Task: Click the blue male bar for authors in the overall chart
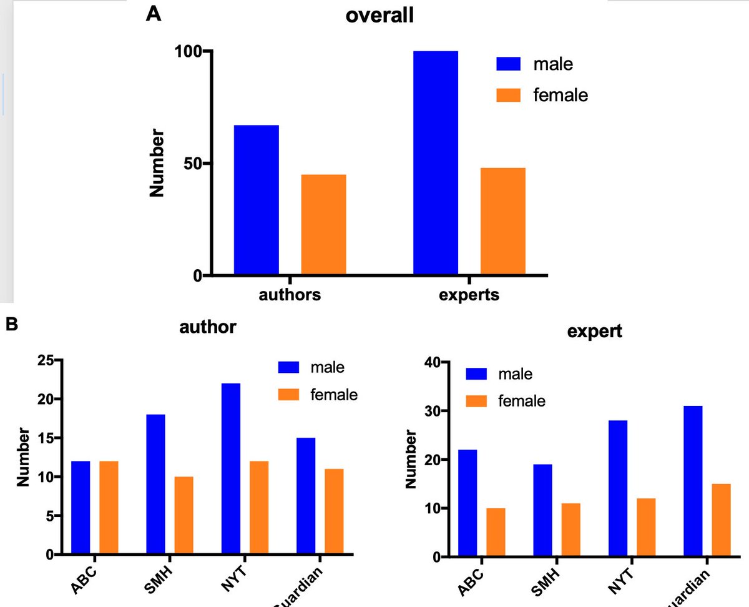pos(256,200)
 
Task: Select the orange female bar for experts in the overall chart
pos(502,221)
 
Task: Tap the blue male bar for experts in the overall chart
pos(435,163)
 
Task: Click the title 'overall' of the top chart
pos(379,16)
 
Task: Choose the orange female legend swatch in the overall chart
pos(508,95)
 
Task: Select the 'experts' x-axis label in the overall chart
pos(469,295)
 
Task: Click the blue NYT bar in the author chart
pos(230,468)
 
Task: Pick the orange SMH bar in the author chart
pos(184,515)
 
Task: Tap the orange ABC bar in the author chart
pos(109,507)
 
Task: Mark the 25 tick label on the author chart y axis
pos(45,360)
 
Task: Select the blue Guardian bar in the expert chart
pos(693,481)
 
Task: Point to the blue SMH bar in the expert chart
pos(542,510)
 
